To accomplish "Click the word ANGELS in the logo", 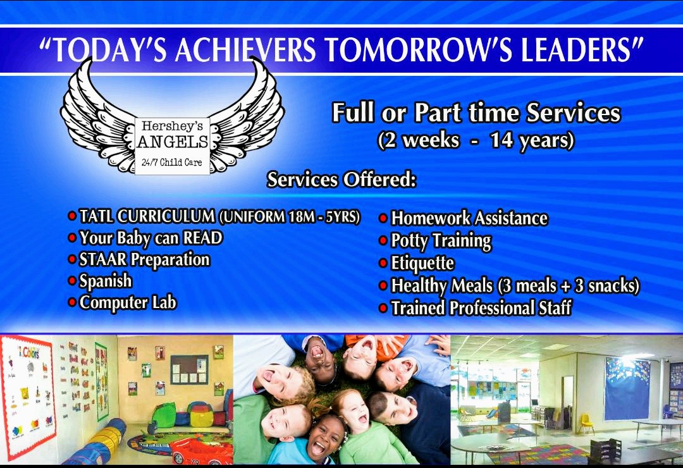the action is click(x=173, y=142).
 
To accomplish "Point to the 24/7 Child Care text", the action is click(x=172, y=163).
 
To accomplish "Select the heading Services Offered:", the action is click(x=341, y=180).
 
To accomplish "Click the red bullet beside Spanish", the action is click(x=72, y=281).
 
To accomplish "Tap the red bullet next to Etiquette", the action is click(x=383, y=263).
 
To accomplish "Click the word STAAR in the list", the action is click(x=103, y=259).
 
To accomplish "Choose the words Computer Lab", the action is click(x=128, y=302).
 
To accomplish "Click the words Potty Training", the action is click(x=441, y=241).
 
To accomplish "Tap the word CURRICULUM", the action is click(x=166, y=216).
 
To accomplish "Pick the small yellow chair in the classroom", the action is click(x=586, y=423).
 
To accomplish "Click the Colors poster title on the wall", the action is click(x=30, y=352).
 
